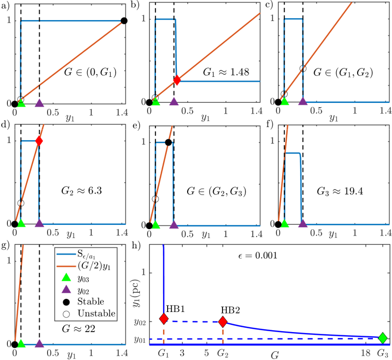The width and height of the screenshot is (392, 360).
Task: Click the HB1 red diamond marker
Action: [164, 319]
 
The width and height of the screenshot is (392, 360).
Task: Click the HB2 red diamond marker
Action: [223, 321]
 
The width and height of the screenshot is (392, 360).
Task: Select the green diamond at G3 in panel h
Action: [383, 337]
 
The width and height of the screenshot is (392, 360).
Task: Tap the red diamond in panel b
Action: [177, 80]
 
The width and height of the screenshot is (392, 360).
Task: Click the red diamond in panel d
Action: [39, 141]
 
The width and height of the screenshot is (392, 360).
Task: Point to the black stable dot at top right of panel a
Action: [124, 21]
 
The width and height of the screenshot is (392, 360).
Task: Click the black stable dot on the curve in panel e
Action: [168, 143]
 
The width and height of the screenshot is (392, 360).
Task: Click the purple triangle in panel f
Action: [303, 223]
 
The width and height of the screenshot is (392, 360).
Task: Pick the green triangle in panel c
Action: [284, 102]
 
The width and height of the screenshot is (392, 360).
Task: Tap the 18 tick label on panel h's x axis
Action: [366, 352]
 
